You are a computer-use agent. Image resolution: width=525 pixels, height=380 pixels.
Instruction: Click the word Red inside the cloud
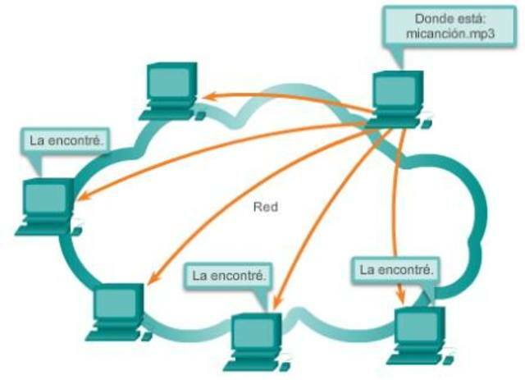coord(266,208)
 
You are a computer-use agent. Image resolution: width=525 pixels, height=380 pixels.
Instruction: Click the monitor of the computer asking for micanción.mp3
coord(397,93)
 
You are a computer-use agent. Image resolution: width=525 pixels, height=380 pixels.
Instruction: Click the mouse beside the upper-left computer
coord(199,116)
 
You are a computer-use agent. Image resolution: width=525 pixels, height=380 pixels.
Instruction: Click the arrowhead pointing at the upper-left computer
coord(209,98)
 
